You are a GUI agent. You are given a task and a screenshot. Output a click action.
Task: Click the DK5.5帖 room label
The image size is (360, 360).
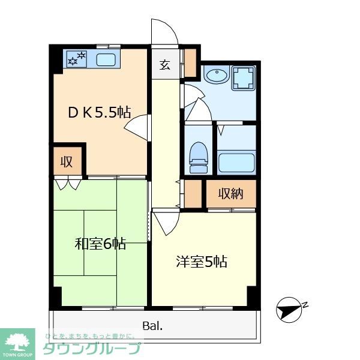(x=99, y=112)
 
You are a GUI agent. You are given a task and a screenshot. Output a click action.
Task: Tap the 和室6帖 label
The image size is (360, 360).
(x=100, y=244)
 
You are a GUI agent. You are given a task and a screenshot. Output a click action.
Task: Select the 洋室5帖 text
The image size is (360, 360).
(x=201, y=262)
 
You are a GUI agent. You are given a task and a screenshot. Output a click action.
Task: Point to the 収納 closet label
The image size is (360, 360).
(x=231, y=194)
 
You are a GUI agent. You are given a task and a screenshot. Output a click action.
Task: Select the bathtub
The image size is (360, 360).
(x=236, y=162)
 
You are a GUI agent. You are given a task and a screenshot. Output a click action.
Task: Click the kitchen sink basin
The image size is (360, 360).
(x=106, y=59)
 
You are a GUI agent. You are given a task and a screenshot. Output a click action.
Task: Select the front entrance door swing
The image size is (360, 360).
(x=164, y=32)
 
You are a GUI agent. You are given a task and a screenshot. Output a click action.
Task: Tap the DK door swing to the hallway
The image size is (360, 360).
(x=137, y=126)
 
